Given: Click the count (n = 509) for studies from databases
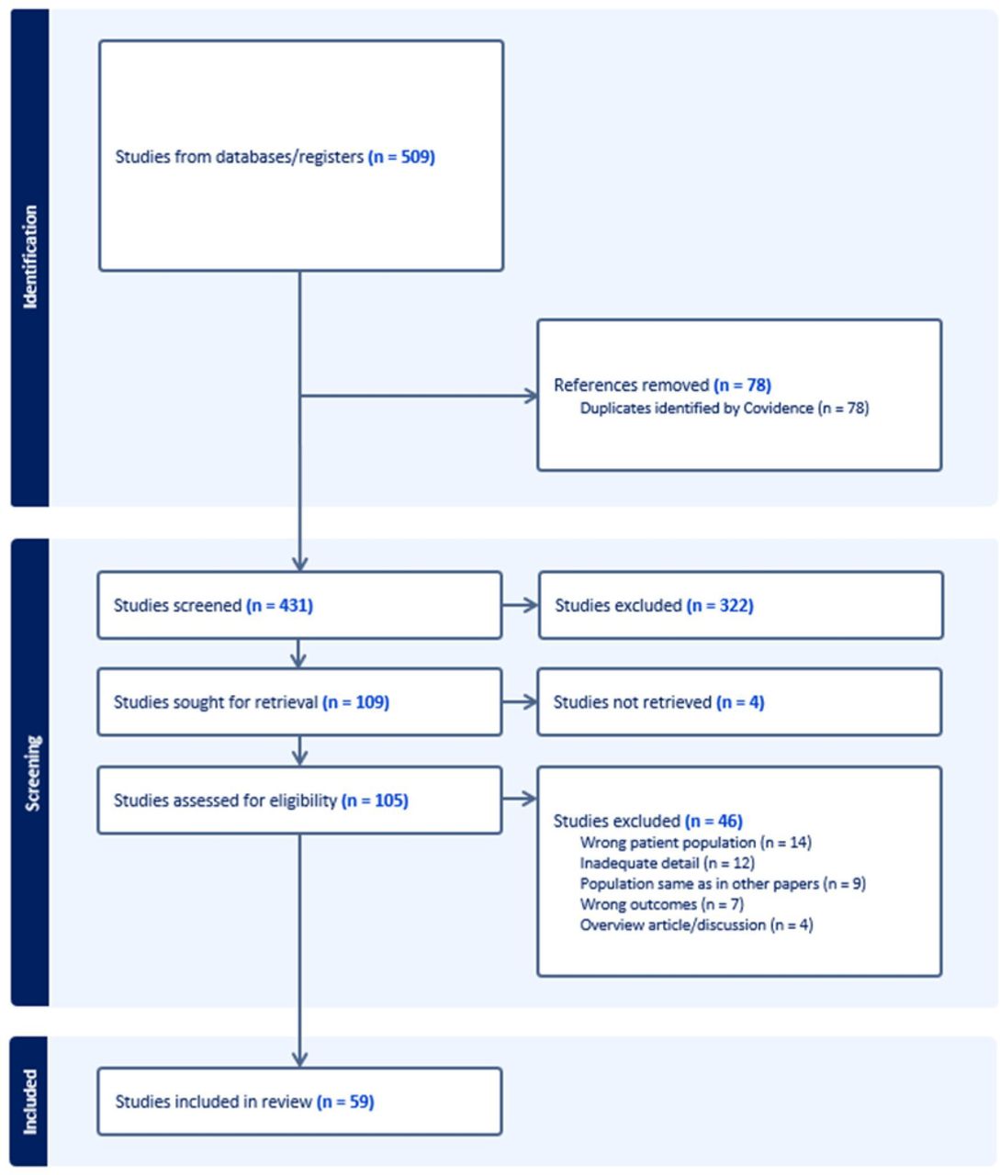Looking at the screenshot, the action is [x=401, y=156].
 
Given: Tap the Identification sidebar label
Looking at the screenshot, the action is [x=30, y=257].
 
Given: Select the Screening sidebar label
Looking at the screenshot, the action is [x=32, y=773].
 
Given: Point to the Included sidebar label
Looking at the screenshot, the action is [x=30, y=1102].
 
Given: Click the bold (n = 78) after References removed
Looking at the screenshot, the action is [x=743, y=385].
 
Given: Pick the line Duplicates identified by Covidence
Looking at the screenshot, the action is [x=725, y=408].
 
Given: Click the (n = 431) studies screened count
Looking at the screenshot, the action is [x=280, y=606].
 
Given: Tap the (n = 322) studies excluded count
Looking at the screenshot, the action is [x=720, y=606].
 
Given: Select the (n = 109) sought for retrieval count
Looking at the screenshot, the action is [x=356, y=702].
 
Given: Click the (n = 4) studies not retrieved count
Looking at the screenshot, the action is [x=741, y=702].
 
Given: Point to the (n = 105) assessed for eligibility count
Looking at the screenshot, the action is [x=376, y=800].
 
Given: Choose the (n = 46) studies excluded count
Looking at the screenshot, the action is [x=714, y=821].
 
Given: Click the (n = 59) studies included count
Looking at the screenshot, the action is [x=345, y=1102].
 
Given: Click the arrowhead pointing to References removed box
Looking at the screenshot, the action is [x=531, y=396].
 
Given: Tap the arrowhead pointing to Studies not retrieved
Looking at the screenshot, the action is [x=530, y=702].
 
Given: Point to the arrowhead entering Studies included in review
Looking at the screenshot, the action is [x=299, y=1059].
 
